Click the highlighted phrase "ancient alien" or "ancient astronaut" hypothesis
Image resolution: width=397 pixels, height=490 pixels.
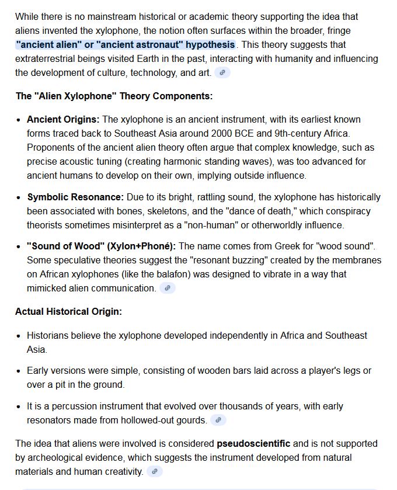tap(126, 44)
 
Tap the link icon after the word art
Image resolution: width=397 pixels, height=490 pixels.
tap(222, 72)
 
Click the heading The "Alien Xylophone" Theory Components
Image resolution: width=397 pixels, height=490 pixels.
tap(114, 96)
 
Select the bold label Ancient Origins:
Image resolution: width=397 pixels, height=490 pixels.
tap(63, 119)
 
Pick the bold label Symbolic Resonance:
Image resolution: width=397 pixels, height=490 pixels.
tap(75, 197)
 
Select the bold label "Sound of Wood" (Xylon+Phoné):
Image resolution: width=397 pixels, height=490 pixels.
tap(101, 246)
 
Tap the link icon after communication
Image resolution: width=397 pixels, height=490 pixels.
tap(168, 288)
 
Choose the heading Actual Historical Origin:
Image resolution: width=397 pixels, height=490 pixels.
tap(68, 311)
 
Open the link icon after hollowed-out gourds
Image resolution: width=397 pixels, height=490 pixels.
tap(218, 420)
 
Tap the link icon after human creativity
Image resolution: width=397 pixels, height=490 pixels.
tap(155, 471)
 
